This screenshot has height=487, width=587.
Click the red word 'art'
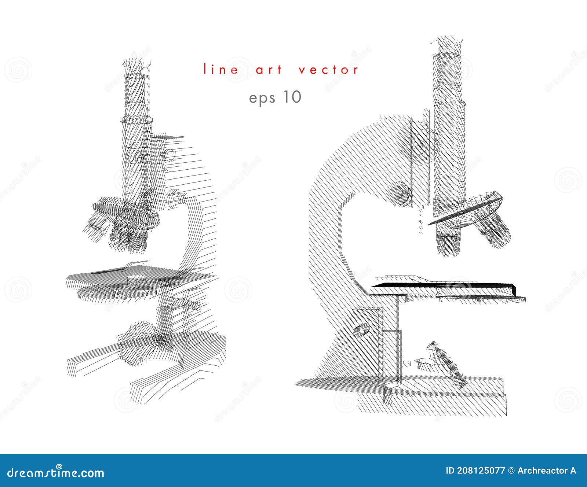(269, 70)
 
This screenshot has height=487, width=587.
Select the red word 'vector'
(328, 70)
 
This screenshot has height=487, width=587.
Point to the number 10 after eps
(292, 97)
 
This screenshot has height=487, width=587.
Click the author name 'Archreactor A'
(547, 471)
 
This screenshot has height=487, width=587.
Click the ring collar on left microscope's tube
(137, 119)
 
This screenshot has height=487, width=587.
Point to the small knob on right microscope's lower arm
(361, 330)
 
